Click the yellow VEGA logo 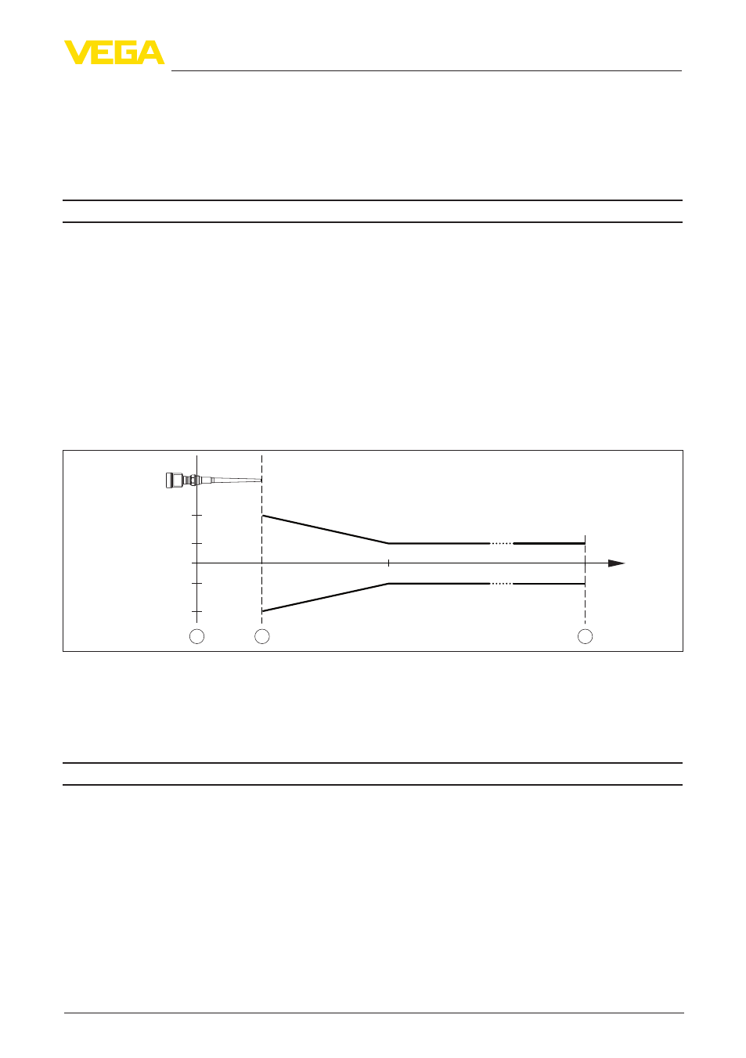[x=114, y=52]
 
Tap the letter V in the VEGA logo [x=77, y=52]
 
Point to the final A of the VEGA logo [x=152, y=52]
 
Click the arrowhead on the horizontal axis [x=616, y=563]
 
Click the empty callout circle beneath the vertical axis [x=197, y=636]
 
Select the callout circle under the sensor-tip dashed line [x=262, y=636]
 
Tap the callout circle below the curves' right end [x=585, y=636]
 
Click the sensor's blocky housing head [x=174, y=480]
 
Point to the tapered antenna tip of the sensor [x=236, y=480]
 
